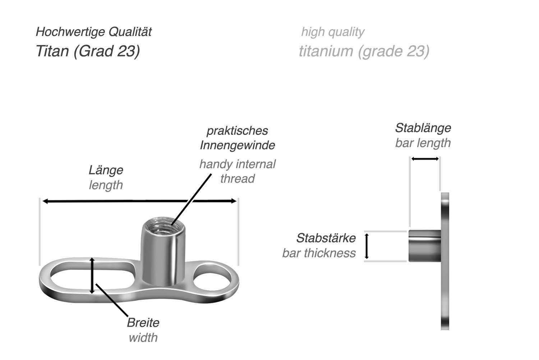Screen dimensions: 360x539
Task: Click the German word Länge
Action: (106, 170)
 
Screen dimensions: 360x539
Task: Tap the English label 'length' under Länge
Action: (106, 185)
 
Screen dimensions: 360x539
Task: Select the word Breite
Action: (143, 323)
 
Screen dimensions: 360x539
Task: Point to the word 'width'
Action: (143, 338)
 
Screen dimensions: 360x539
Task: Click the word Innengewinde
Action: (238, 145)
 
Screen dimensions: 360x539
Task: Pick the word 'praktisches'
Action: (238, 131)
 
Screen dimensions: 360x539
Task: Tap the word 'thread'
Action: (238, 179)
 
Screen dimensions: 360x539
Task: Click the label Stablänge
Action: (423, 128)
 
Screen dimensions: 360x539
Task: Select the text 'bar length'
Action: (423, 143)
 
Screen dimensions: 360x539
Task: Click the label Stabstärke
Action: (326, 238)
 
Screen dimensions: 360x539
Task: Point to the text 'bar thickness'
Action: (319, 253)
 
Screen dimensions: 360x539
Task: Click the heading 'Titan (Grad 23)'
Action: (88, 51)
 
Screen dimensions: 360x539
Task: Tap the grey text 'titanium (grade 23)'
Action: (364, 51)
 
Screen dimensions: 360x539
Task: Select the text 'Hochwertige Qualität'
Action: (93, 32)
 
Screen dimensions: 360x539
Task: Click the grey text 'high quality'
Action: (333, 32)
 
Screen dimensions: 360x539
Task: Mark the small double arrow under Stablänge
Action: (425, 159)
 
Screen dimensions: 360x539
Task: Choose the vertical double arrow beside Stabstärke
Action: (367, 246)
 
